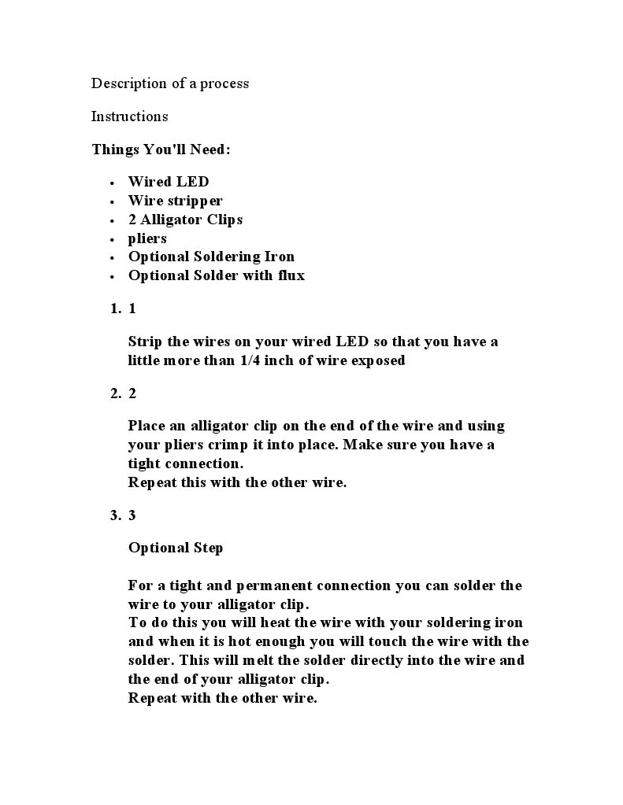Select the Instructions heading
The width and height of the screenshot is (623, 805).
point(129,116)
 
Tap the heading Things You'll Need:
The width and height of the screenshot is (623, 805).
point(161,149)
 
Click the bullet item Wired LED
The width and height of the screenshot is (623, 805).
point(169,182)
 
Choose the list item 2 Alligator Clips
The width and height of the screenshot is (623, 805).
point(185,220)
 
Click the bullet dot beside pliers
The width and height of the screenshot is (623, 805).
point(113,239)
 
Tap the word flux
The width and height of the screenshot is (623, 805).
point(291,275)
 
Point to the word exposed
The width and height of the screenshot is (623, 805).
point(377,361)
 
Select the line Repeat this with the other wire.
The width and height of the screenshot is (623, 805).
point(237,482)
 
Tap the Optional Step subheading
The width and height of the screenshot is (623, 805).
point(176,548)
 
